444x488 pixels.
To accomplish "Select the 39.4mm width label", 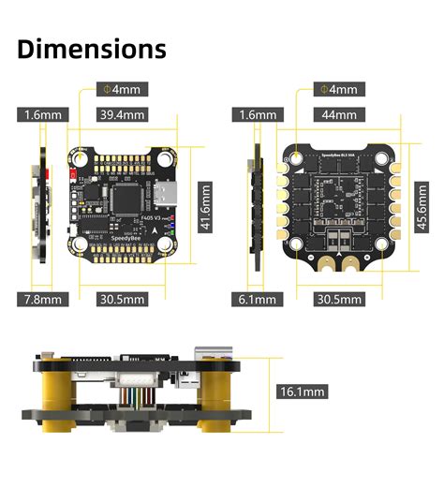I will [x=122, y=115].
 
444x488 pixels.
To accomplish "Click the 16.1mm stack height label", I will [x=303, y=392].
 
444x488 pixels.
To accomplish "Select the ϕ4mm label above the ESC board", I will [x=339, y=90].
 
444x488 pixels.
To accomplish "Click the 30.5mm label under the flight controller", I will [x=122, y=299].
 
